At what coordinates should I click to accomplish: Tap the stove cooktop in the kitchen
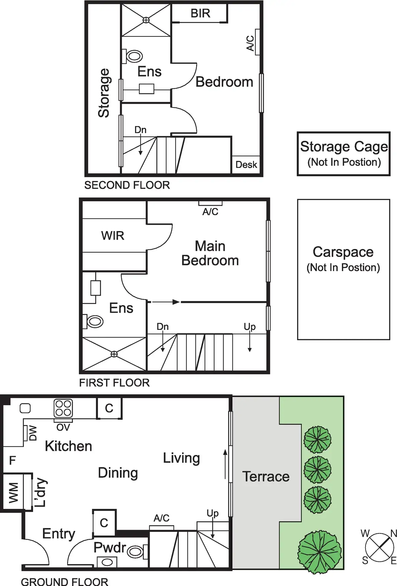[63, 408]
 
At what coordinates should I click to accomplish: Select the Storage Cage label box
[344, 154]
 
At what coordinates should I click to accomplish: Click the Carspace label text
[343, 252]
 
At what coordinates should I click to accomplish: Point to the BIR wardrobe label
[200, 13]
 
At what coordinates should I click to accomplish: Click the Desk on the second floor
[246, 165]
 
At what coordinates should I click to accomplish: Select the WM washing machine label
[13, 492]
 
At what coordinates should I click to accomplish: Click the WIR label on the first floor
[113, 236]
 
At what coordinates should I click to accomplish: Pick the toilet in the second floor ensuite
[134, 56]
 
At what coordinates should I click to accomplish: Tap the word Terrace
[266, 476]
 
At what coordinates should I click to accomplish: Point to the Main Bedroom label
[210, 253]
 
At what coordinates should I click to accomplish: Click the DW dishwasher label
[33, 433]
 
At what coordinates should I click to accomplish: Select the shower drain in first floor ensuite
[114, 354]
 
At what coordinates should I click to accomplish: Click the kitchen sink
[25, 408]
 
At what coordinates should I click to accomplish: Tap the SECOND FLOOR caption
[127, 185]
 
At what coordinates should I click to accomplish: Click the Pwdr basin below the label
[107, 562]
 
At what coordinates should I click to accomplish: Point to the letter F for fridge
[12, 460]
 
